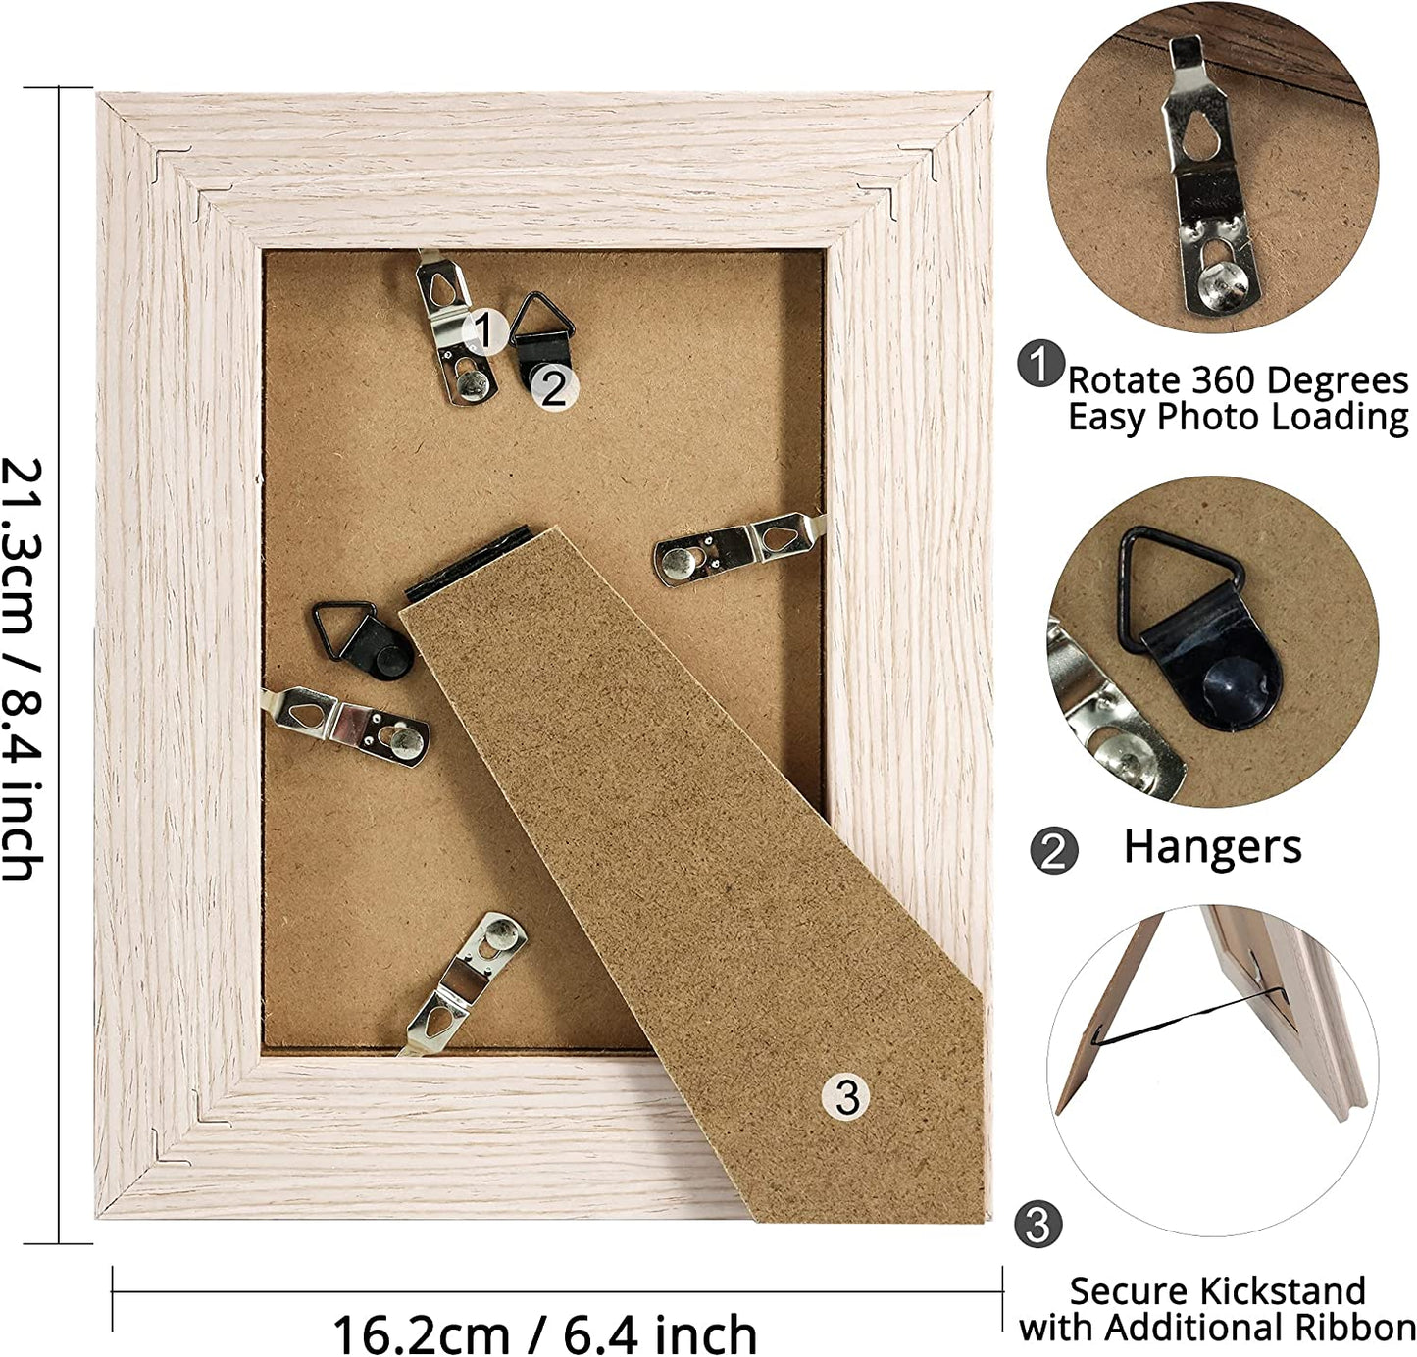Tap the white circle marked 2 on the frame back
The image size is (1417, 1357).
[x=554, y=388]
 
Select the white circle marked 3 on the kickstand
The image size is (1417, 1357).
[x=845, y=1096]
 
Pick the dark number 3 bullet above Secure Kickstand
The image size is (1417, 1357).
[x=1037, y=1225]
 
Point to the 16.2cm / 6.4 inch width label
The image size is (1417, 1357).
[x=544, y=1333]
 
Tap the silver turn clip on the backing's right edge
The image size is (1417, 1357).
[x=739, y=547]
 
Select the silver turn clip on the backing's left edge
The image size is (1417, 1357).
[x=345, y=726]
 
